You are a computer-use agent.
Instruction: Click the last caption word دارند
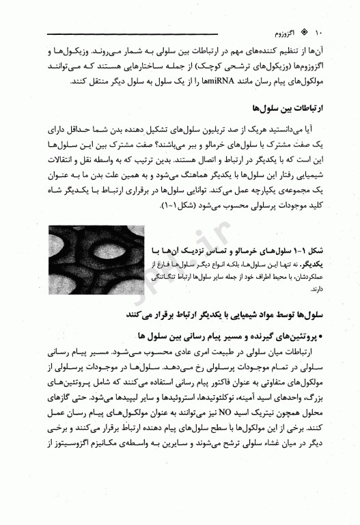coord(310,289)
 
